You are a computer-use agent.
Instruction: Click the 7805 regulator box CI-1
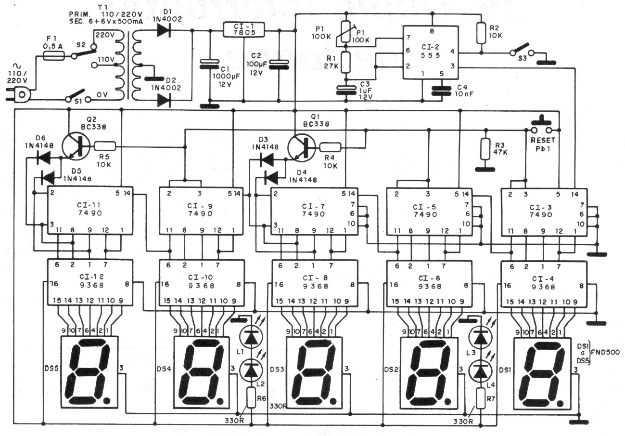coord(244,29)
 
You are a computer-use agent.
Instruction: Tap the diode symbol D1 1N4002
coord(165,30)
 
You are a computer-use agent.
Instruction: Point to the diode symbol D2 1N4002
coord(165,100)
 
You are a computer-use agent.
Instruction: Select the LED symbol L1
coord(251,338)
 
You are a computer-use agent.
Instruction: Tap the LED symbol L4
coord(479,371)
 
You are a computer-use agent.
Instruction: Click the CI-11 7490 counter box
coord(89,209)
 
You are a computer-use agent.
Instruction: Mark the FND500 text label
coord(608,352)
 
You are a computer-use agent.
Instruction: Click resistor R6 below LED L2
coord(251,398)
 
